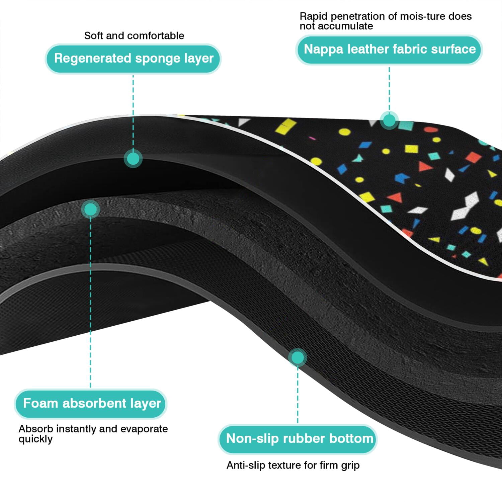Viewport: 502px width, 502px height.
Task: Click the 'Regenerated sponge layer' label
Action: click(133, 59)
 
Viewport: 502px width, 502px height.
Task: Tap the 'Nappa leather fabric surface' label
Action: click(389, 50)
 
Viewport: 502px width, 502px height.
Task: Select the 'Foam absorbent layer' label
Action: click(91, 404)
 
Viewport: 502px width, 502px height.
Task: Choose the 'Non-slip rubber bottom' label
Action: click(298, 439)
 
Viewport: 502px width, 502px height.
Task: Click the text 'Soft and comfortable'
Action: click(134, 35)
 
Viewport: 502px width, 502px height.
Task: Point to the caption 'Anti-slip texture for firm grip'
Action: click(293, 465)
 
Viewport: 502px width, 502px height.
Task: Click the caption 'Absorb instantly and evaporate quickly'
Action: click(93, 434)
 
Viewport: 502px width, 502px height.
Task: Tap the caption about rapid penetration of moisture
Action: click(386, 21)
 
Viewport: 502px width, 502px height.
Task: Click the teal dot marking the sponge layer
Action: click(133, 159)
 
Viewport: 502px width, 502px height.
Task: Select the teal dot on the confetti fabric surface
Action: click(389, 120)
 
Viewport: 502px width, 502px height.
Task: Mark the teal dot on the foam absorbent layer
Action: click(90, 210)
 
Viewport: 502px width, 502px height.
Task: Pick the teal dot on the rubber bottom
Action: click(298, 358)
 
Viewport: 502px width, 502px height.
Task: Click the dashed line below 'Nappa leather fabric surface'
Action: click(389, 88)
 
